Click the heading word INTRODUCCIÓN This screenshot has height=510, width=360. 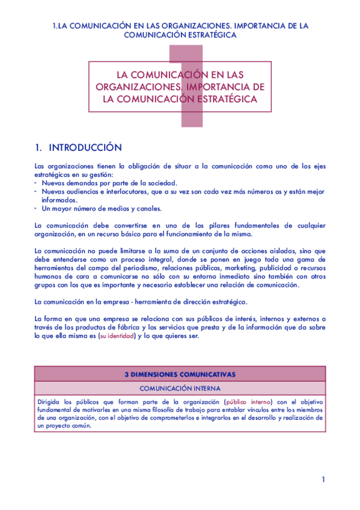pyautogui.click(x=85, y=148)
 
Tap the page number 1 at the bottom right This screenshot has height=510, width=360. pyautogui.click(x=323, y=479)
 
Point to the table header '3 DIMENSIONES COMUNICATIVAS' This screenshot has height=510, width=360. pyautogui.click(x=180, y=374)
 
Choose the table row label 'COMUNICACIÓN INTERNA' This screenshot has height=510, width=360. pyautogui.click(x=180, y=388)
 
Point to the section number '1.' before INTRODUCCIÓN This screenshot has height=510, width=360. pyautogui.click(x=39, y=148)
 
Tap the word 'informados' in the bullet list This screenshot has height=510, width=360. pyautogui.click(x=58, y=200)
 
